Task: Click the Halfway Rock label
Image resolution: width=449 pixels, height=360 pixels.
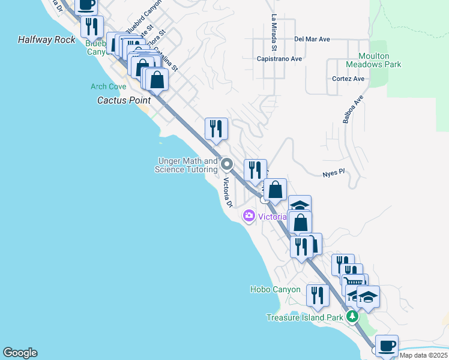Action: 47,40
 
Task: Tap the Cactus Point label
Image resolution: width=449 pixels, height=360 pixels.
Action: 124,100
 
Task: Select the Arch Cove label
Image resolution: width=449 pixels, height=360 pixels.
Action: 108,86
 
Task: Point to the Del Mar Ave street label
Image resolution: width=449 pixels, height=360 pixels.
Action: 312,40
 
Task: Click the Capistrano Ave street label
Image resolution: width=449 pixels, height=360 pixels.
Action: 279,59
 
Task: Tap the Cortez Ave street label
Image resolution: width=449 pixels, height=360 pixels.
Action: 348,79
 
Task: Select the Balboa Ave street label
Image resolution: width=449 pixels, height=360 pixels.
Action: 353,109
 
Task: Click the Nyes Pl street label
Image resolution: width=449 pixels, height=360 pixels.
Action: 333,171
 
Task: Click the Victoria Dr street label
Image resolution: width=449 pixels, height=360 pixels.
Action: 228,193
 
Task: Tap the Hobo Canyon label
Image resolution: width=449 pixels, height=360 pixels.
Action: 275,289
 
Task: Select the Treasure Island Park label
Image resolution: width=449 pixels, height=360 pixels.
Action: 304,317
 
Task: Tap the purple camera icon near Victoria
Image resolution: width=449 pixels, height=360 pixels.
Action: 249,216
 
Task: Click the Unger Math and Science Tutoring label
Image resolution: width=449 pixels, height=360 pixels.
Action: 186,165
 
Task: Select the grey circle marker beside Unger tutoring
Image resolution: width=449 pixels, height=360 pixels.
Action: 227,164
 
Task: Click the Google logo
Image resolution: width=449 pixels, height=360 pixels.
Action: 20,353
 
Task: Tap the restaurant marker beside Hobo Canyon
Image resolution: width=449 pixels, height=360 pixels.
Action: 318,295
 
